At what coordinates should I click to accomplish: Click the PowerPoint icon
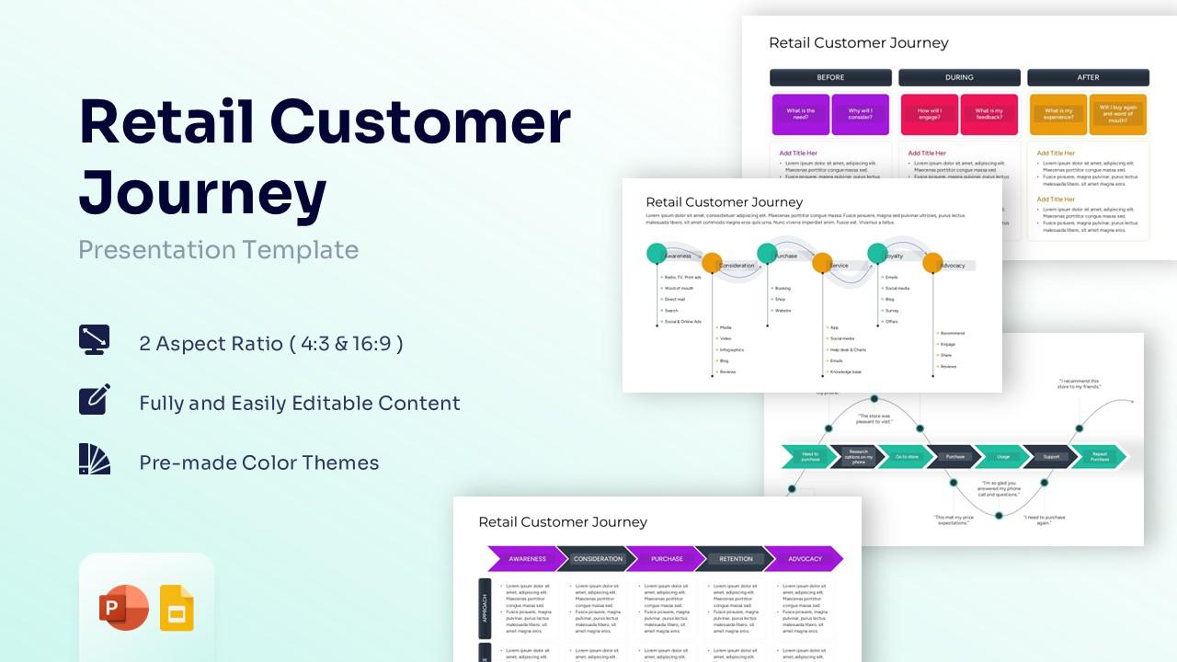coord(123,608)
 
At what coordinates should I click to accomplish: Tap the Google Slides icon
coord(177,608)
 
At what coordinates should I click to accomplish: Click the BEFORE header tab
coord(830,77)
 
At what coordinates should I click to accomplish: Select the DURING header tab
coord(959,77)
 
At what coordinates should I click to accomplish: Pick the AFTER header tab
coord(1088,77)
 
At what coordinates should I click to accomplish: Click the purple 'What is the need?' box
coord(801,114)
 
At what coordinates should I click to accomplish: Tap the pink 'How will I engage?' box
coord(930,114)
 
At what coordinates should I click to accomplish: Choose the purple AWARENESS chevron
coord(526,559)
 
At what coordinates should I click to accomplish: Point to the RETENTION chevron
coord(735,559)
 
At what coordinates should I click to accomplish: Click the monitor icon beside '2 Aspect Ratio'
coord(95,339)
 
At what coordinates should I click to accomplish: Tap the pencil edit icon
coord(95,399)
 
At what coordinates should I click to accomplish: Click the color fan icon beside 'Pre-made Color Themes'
coord(95,459)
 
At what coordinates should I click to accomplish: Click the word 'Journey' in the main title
coord(203,193)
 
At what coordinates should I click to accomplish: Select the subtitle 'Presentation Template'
coord(219,250)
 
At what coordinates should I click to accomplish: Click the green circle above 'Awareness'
coord(657,254)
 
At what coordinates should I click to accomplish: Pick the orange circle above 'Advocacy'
coord(932,263)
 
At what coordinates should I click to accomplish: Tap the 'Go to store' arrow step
coord(906,456)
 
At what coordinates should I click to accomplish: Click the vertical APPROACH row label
coord(485,609)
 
